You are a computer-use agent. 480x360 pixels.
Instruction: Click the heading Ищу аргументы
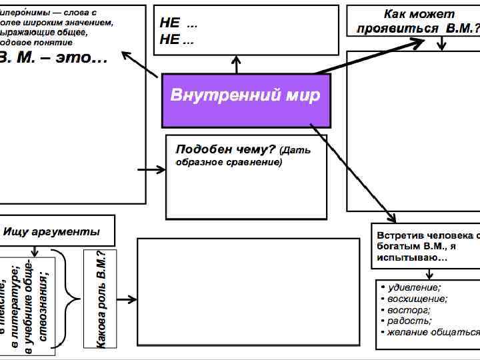pyautogui.click(x=52, y=232)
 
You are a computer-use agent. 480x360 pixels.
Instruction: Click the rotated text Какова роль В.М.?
pyautogui.click(x=100, y=299)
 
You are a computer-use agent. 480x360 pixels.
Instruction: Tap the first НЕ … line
pyautogui.click(x=178, y=23)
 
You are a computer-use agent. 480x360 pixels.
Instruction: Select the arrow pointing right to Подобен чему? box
pyautogui.click(x=151, y=170)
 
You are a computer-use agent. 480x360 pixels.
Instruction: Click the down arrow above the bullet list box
pyautogui.click(x=431, y=273)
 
